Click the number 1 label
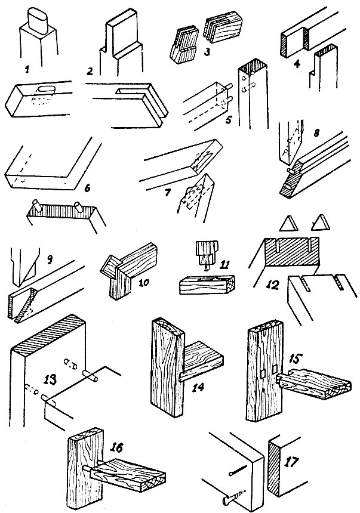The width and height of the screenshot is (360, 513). point(27,70)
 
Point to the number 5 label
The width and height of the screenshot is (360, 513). point(228,120)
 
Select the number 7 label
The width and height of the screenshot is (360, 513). point(167,193)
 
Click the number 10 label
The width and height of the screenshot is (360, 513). point(144,282)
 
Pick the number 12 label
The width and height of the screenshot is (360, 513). point(273,285)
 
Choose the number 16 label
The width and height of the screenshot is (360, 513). point(116,447)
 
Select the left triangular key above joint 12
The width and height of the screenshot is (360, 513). point(288,223)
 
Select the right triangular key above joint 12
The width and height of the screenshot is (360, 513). point(320,222)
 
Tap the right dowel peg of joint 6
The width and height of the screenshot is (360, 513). point(79,207)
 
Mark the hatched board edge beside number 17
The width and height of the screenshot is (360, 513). point(274,466)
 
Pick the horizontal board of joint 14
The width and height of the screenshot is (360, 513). point(201,359)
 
